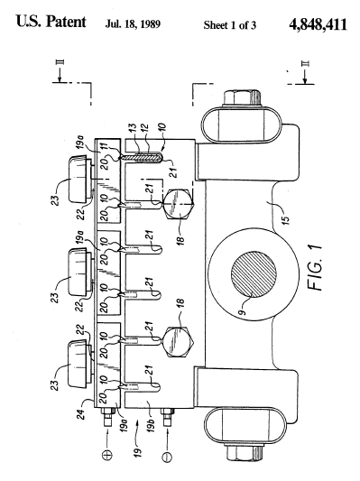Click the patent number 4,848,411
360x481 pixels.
point(318,24)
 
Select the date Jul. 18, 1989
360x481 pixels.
point(133,24)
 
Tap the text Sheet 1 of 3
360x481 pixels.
point(230,25)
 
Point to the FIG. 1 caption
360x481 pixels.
point(315,267)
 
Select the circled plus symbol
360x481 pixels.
point(107,454)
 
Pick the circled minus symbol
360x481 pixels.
point(167,457)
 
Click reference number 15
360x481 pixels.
point(285,220)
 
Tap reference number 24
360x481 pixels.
point(80,414)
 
